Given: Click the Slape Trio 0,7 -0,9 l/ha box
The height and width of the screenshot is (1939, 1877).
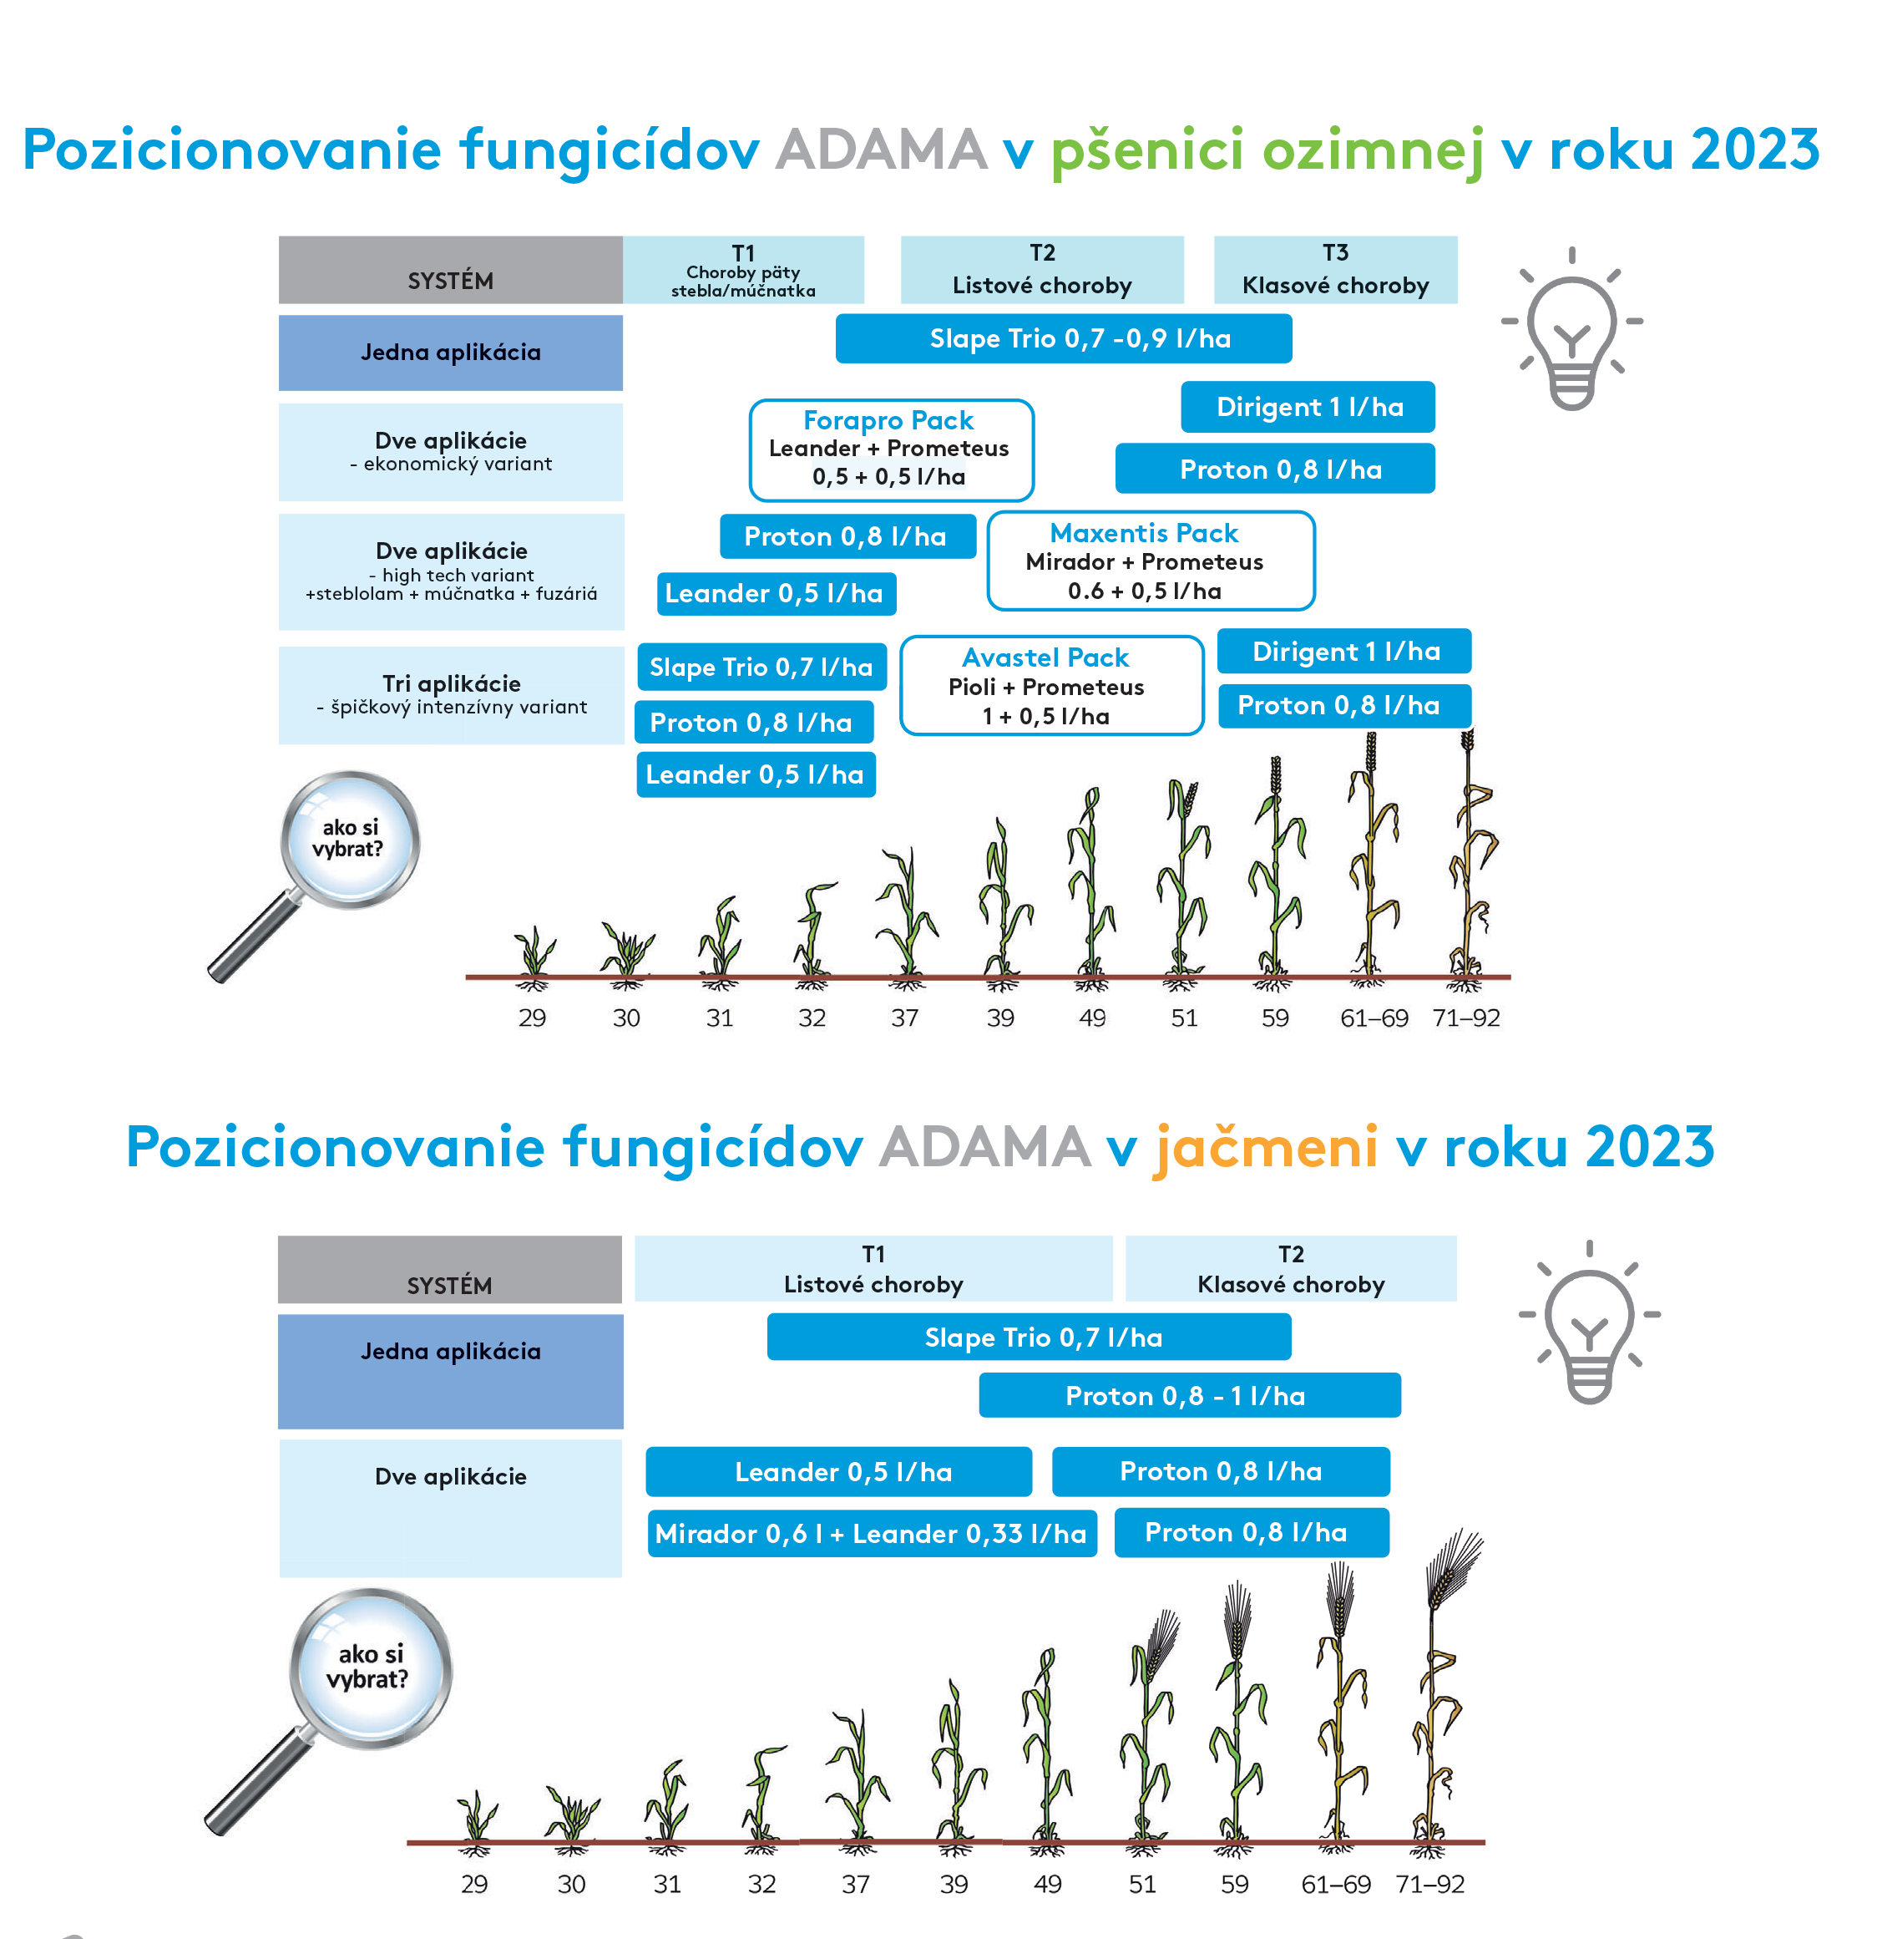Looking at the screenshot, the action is tap(1063, 338).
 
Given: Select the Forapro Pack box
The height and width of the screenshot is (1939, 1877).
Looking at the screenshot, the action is tap(891, 449).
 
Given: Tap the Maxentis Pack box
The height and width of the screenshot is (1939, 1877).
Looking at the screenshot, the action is tap(1150, 561).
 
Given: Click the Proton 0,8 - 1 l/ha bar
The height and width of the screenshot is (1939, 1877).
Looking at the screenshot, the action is tap(1190, 1395).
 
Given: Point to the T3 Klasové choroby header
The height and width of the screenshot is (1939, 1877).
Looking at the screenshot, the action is tap(1335, 269).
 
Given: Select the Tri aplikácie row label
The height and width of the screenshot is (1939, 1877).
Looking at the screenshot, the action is tap(451, 694).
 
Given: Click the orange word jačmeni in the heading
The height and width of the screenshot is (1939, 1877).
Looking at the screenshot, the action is tap(1265, 1148).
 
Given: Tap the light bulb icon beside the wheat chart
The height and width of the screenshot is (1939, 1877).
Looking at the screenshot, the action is tap(1571, 328).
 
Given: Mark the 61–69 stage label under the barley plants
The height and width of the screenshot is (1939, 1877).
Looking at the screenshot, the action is tap(1336, 1884).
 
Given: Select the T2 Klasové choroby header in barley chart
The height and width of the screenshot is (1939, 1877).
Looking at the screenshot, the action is tap(1291, 1268).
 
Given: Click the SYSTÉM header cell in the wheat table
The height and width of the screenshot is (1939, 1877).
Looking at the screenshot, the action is tap(451, 269).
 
